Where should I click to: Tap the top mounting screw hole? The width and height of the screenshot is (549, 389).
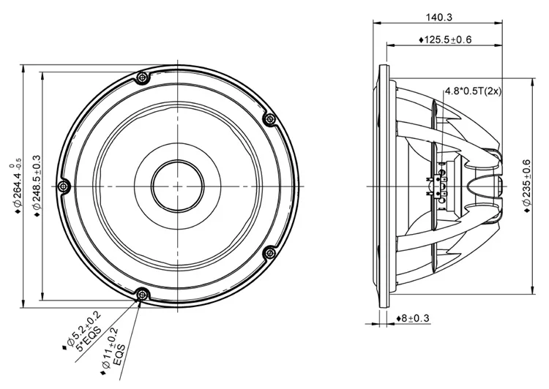coord(143,76)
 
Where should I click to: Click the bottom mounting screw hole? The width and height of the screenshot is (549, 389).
coord(143,294)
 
